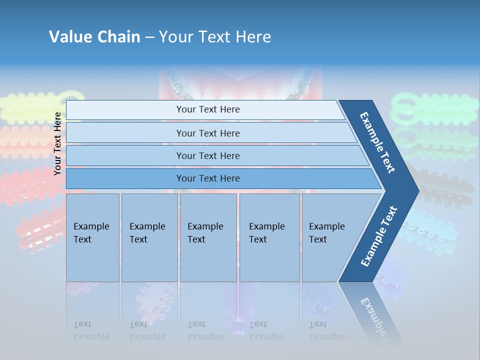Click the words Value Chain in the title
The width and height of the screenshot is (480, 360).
(x=94, y=37)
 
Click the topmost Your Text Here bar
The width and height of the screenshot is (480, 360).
(x=208, y=109)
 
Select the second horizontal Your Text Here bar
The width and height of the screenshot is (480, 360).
(x=208, y=133)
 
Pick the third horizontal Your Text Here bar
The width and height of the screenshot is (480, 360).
(x=208, y=155)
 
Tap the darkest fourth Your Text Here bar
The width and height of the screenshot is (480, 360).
(x=208, y=178)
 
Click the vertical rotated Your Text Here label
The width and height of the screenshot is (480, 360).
(x=57, y=143)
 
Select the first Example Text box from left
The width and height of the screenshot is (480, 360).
(x=92, y=237)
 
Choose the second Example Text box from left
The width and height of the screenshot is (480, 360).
(x=149, y=237)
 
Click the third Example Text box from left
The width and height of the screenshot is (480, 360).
(x=208, y=237)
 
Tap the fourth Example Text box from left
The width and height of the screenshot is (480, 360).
(x=269, y=237)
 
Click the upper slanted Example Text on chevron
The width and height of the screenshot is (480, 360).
(x=377, y=142)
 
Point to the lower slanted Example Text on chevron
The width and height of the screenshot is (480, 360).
(x=379, y=236)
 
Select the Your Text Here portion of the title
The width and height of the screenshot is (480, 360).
(x=215, y=37)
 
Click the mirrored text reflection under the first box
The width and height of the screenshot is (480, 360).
(x=91, y=331)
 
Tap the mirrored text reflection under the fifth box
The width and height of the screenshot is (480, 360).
(x=326, y=331)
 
